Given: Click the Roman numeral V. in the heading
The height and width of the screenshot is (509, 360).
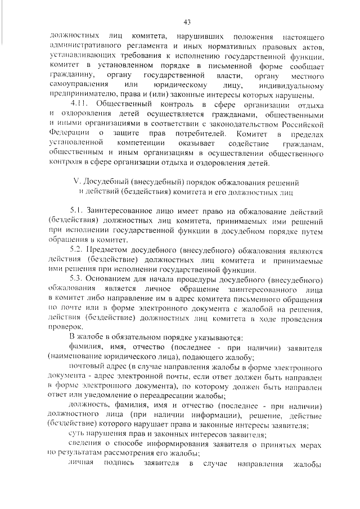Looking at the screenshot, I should click(78, 182).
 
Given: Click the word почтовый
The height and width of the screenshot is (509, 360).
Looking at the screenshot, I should click(86, 366).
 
